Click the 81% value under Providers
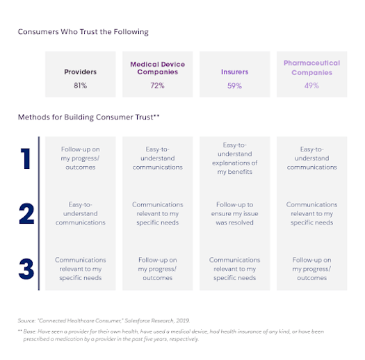click(80, 85)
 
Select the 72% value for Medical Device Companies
click(157, 85)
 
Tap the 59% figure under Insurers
click(234, 85)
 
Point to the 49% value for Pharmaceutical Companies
click(311, 85)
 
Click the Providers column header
click(80, 71)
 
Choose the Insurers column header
click(234, 71)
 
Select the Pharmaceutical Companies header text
click(311, 67)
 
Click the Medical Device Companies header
click(157, 67)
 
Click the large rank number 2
click(26, 214)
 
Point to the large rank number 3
click(26, 268)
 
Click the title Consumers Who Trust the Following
click(83, 32)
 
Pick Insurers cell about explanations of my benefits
click(234, 158)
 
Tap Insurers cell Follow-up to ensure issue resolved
click(234, 214)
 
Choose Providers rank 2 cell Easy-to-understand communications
click(80, 214)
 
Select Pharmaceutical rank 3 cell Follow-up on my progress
click(311, 269)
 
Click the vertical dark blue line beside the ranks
click(39, 212)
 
